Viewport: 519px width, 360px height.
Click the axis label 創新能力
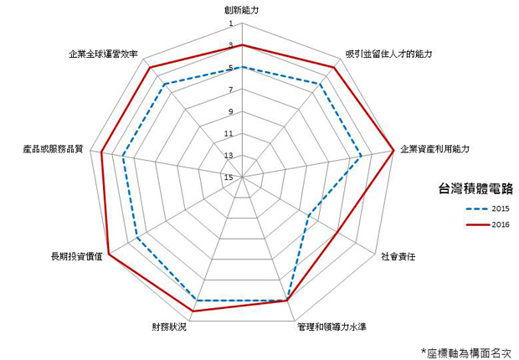tap(240, 10)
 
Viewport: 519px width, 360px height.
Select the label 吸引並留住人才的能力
tap(388, 54)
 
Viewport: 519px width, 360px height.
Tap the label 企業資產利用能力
tap(434, 149)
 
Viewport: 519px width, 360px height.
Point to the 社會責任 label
tap(398, 256)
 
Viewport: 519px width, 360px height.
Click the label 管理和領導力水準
tap(332, 327)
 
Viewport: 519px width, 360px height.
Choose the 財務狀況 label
tap(169, 327)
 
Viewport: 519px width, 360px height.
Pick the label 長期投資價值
tap(77, 256)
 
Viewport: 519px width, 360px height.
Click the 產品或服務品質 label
tap(53, 149)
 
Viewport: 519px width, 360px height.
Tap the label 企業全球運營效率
tap(103, 54)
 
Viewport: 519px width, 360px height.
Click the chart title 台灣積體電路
tap(475, 188)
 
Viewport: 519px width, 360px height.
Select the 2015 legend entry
tap(487, 208)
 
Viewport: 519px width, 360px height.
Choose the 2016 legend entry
tap(487, 224)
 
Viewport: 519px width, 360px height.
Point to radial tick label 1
tap(231, 23)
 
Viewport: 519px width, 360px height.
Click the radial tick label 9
tap(231, 111)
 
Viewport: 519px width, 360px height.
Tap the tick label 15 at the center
tap(229, 177)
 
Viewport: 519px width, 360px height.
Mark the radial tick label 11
tap(229, 134)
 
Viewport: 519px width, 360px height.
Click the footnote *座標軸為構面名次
tap(466, 352)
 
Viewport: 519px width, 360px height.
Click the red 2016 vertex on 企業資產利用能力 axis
tap(393, 151)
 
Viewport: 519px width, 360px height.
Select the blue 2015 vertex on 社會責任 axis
tap(309, 216)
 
